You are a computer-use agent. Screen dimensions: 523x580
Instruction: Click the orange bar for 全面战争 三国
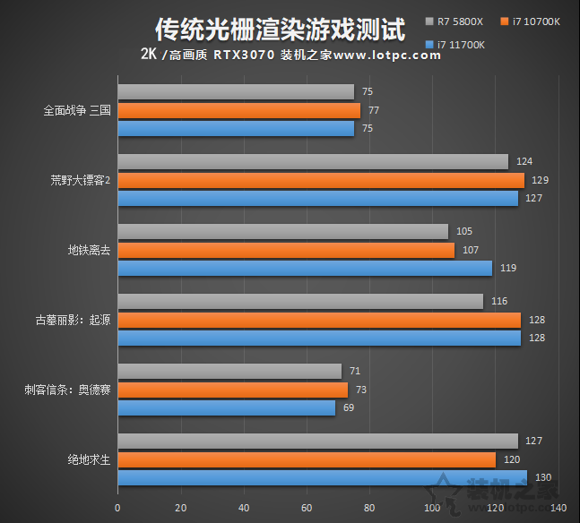point(238,111)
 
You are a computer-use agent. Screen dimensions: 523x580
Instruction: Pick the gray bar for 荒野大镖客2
point(313,162)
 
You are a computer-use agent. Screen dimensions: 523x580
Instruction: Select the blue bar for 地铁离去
point(305,268)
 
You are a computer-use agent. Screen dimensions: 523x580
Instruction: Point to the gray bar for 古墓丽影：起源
point(300,302)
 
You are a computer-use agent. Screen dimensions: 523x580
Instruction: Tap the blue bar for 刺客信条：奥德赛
point(226,407)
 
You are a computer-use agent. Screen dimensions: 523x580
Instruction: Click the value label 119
point(508,268)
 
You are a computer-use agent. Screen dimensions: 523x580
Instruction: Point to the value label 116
point(499,302)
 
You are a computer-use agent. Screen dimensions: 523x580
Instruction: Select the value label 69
point(349,407)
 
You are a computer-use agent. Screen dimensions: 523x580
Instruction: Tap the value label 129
point(541,180)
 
